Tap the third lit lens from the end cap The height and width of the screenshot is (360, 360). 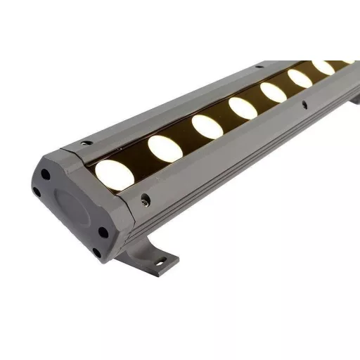(207, 125)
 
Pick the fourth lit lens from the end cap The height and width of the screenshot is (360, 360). (243, 108)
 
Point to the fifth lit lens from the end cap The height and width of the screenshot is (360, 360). (273, 92)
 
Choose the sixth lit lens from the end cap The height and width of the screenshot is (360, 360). (300, 79)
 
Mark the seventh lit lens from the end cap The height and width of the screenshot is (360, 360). (323, 67)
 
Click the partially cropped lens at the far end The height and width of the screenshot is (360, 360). (346, 62)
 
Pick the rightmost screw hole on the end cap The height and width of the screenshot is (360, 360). (103, 231)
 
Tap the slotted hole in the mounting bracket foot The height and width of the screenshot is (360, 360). (161, 262)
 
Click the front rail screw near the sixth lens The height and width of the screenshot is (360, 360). (304, 105)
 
